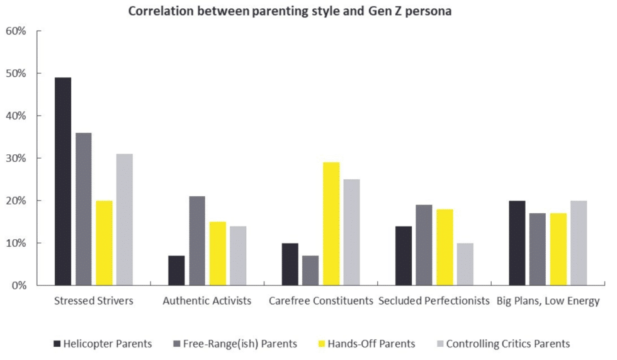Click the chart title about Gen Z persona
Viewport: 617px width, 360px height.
290,11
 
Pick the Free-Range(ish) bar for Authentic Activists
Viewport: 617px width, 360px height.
197,240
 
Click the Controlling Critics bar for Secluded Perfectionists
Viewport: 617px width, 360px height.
465,264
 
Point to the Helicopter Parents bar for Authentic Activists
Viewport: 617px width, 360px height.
176,270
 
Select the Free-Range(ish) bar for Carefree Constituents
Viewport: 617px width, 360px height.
310,270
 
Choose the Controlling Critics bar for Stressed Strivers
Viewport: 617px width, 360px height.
125,220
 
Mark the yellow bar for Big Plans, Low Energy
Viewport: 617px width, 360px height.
558,249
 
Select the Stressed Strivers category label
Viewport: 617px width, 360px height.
94,301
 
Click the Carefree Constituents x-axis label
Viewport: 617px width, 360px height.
321,301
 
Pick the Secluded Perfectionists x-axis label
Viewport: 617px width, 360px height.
434,301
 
